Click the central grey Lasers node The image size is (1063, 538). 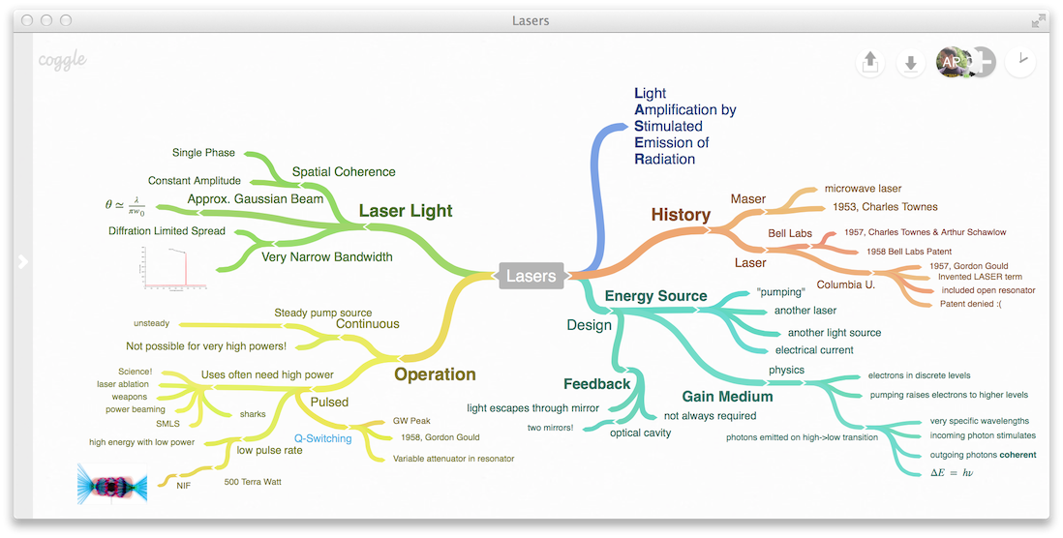coord(531,276)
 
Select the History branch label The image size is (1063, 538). coord(681,215)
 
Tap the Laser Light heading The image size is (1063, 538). coord(406,211)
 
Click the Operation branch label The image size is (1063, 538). coord(435,374)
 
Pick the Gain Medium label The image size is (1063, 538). coord(727,397)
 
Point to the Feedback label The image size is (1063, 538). coord(597,384)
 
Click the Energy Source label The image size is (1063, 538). coord(655,296)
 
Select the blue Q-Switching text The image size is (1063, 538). coord(323,438)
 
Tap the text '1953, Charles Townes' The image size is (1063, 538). coord(885,207)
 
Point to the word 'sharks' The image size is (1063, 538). coord(253,414)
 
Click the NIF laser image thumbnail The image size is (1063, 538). coord(111,483)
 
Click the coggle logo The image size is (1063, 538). coord(62,60)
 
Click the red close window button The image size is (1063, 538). coord(27,20)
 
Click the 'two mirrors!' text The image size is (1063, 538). coord(550,428)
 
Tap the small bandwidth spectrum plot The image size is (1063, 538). coord(170,268)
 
